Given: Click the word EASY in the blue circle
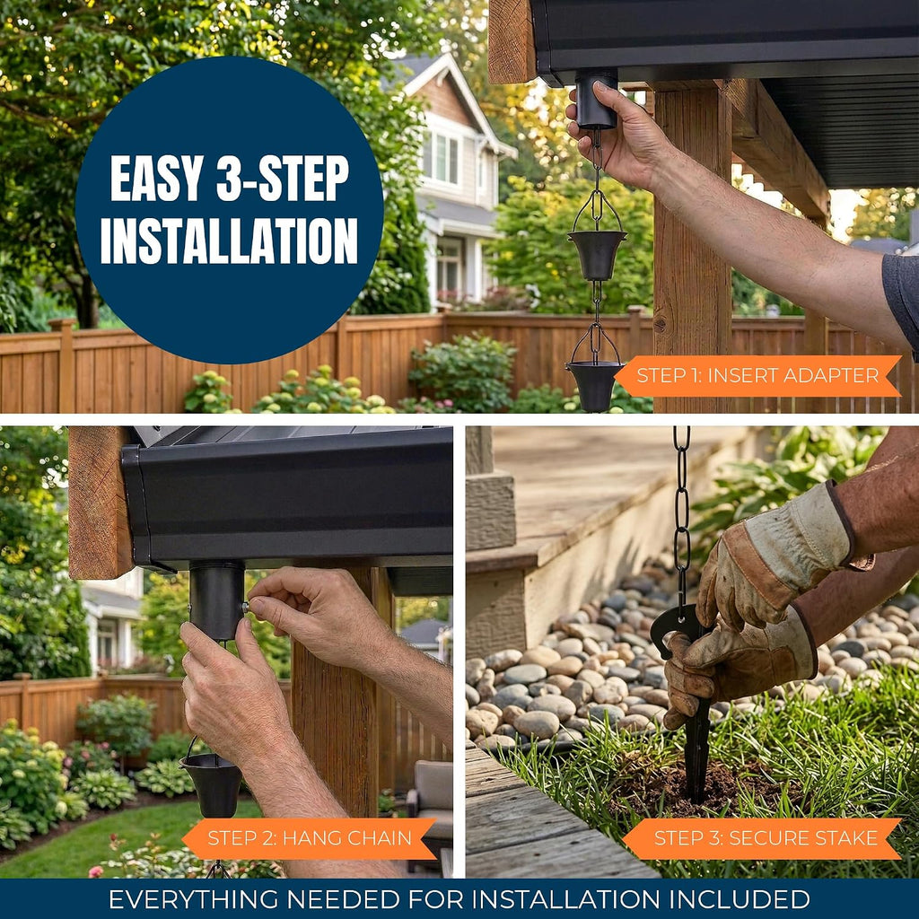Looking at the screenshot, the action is coord(157,179).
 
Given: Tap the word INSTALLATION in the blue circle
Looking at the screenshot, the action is coord(229,241).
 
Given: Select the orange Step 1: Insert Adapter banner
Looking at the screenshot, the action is coord(757,376).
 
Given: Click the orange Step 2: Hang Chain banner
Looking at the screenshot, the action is coord(310,838).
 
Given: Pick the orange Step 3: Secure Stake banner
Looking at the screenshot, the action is coord(762,838).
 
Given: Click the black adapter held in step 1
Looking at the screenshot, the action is coord(596,99).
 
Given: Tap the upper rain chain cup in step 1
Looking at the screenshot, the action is coord(597,254).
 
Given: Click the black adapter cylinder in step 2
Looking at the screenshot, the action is coord(216,600).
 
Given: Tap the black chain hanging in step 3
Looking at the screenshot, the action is coord(681,516).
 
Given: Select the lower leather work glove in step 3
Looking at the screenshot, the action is coord(740,668).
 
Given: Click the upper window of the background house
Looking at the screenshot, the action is coord(445,157).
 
